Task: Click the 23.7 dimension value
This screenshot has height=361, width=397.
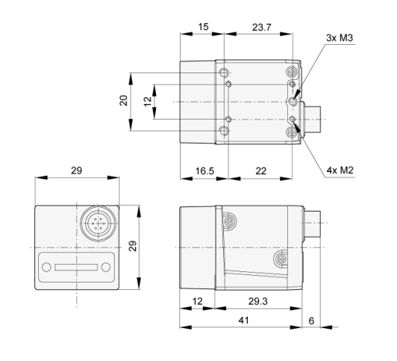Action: click(x=261, y=27)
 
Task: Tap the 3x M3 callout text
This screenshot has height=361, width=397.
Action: click(x=340, y=38)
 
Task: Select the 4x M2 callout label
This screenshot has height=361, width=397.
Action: click(x=340, y=170)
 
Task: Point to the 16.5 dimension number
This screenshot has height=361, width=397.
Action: click(x=204, y=171)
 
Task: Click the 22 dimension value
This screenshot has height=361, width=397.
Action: click(x=260, y=171)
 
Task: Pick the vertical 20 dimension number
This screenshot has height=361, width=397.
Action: click(x=124, y=100)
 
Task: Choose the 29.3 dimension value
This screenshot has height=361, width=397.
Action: click(x=257, y=301)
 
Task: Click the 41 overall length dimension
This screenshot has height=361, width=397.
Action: click(x=243, y=321)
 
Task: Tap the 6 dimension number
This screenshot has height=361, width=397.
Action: click(x=311, y=321)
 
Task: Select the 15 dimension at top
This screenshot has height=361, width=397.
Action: click(x=203, y=27)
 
